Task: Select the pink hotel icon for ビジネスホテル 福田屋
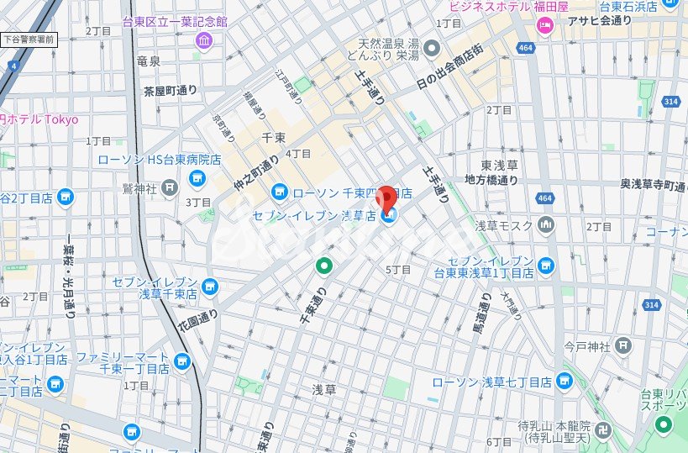[x=545, y=24]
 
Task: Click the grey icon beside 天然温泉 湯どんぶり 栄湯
[x=432, y=47]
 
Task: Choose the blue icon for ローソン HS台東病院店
[x=197, y=177]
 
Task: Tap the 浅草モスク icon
[x=547, y=224]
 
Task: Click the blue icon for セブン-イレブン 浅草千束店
[x=209, y=288]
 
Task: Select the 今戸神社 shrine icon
[x=622, y=345]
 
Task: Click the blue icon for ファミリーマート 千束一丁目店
[x=182, y=363]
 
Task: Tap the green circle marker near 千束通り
[x=323, y=266]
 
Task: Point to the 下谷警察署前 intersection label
[x=28, y=39]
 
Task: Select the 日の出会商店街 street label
[x=449, y=68]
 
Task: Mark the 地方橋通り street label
[x=491, y=180]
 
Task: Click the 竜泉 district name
[x=148, y=61]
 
